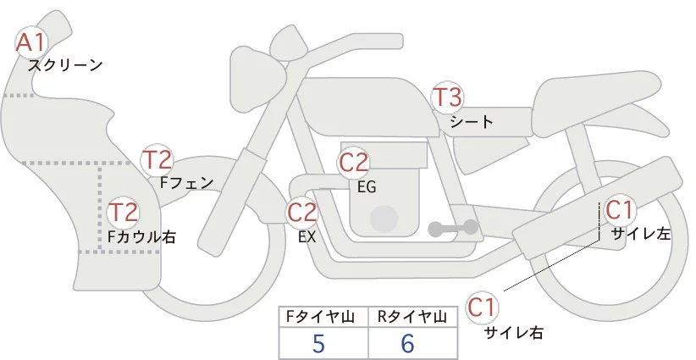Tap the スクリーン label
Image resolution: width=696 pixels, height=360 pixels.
[x=64, y=64]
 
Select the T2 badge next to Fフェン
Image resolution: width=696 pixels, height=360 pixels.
[x=157, y=158]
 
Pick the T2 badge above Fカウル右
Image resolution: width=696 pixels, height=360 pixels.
[x=124, y=212]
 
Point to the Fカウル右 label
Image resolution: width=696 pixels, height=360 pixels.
[x=141, y=237]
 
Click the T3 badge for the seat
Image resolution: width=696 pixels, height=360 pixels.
[x=447, y=97]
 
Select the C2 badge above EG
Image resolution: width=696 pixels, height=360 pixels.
[x=354, y=163]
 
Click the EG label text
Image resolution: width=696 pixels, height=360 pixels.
[x=367, y=187]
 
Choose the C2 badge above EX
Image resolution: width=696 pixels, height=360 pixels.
[x=302, y=213]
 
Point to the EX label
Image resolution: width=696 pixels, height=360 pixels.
[x=307, y=237]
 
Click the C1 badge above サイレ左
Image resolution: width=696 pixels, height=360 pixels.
[x=618, y=209]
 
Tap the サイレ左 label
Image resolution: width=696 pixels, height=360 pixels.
[x=640, y=234]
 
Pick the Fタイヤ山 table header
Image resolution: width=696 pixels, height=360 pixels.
[x=322, y=317]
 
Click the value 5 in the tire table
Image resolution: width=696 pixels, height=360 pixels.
[x=318, y=344]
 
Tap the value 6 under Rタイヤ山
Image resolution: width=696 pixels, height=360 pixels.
[x=407, y=344]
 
